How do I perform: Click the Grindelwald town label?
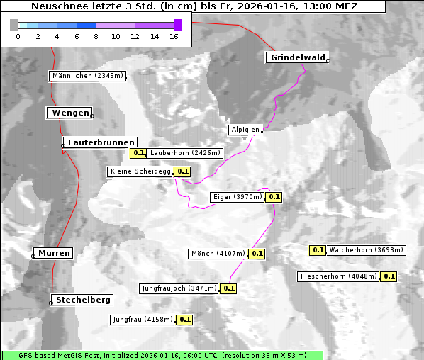pos(296,57)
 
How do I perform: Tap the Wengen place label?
pos(69,113)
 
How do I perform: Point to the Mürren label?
pos(54,253)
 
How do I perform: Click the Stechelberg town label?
pos(84,300)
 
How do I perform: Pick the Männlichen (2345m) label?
pos(87,76)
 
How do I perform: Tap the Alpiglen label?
pos(245,130)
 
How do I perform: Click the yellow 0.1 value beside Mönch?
pos(257,254)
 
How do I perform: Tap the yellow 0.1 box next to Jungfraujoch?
pos(228,288)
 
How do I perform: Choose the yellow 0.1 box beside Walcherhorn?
pos(318,250)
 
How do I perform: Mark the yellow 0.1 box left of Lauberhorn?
pos(138,153)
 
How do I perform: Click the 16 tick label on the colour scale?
pos(174,36)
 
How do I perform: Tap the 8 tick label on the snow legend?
pos(96,36)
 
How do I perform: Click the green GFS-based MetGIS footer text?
pos(162,355)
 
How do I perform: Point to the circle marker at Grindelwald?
pos(328,61)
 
